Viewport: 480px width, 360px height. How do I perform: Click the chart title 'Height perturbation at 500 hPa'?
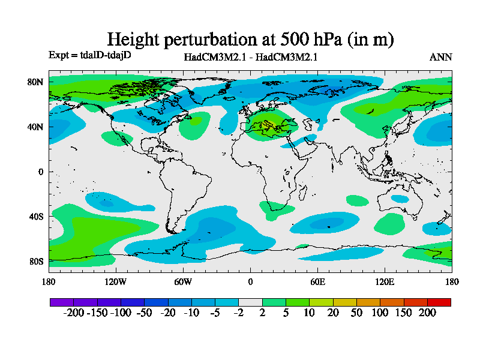click(250, 40)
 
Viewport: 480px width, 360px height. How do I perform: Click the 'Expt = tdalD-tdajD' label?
click(89, 55)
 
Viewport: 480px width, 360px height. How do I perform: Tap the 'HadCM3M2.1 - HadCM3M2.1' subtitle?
click(250, 58)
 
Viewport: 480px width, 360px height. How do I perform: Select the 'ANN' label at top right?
click(440, 58)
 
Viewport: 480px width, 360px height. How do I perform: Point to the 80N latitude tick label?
click(36, 82)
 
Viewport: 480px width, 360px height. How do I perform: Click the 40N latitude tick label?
click(36, 127)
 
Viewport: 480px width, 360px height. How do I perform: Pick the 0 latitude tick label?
click(41, 172)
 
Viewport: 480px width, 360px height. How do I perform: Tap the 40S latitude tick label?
click(36, 216)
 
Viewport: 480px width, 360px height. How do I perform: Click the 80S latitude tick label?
click(36, 261)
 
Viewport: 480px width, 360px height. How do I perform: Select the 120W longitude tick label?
click(115, 281)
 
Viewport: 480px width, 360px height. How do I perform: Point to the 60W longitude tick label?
click(183, 281)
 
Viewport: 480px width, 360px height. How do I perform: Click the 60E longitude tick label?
click(317, 281)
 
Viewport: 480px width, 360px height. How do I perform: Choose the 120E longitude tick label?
click(385, 281)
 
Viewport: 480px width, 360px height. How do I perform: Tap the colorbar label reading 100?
click(379, 313)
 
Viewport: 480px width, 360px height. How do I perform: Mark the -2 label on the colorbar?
click(238, 313)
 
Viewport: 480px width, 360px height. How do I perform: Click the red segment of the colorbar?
click(439, 302)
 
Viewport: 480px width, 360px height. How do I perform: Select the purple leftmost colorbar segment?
click(61, 302)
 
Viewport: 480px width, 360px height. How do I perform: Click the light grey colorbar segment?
click(250, 302)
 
